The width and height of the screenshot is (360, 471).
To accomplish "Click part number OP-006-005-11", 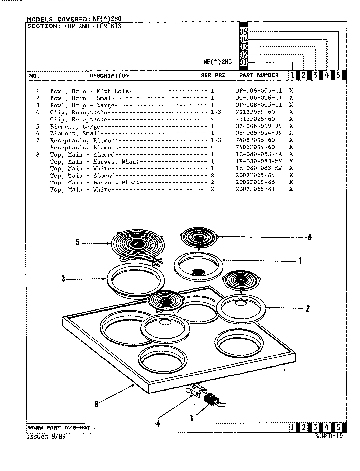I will pyautogui.click(x=258, y=91).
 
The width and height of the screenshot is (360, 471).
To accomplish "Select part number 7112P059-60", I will pyautogui.click(x=255, y=112).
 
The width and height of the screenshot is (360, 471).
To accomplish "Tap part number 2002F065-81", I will pyautogui.click(x=255, y=189).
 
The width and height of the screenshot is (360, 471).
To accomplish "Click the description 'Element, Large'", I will pyautogui.click(x=75, y=127).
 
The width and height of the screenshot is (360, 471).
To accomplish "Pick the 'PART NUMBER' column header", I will pyautogui.click(x=259, y=75).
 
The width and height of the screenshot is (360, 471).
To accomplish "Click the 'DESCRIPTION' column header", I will pyautogui.click(x=109, y=76).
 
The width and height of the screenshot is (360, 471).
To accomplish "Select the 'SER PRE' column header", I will pyautogui.click(x=213, y=75).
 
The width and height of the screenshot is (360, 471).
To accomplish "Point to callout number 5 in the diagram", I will pyautogui.click(x=77, y=243).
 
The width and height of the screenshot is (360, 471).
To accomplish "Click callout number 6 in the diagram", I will pyautogui.click(x=309, y=237).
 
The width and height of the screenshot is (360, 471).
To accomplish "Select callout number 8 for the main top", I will pyautogui.click(x=96, y=404).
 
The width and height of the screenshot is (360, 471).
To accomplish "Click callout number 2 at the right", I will pyautogui.click(x=307, y=308).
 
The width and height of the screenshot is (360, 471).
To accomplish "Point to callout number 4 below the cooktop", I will pyautogui.click(x=158, y=424).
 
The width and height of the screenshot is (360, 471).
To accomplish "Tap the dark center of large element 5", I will pyautogui.click(x=135, y=244).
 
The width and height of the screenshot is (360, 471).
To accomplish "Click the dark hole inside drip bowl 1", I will pyautogui.click(x=197, y=272).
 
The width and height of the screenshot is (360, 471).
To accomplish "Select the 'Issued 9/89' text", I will pyautogui.click(x=46, y=437).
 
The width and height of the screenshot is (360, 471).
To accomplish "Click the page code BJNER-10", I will pyautogui.click(x=328, y=436).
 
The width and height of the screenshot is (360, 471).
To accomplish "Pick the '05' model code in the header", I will pyautogui.click(x=243, y=32).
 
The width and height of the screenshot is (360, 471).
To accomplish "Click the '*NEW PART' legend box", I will pyautogui.click(x=44, y=428).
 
